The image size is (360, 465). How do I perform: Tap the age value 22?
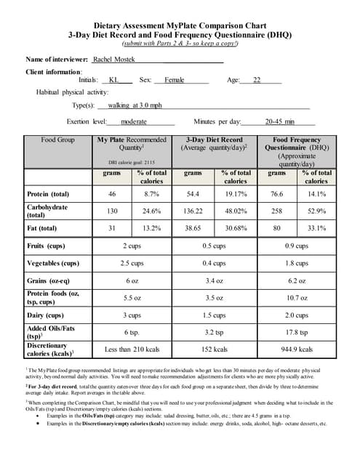[x=257, y=80]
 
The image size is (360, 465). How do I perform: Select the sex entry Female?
[x=175, y=80]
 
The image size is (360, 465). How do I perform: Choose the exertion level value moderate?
[x=134, y=121]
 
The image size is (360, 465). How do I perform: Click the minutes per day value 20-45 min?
[x=280, y=121]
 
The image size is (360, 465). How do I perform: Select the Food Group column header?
[x=58, y=139]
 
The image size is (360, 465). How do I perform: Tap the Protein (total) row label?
[x=48, y=194]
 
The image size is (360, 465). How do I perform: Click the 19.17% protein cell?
[x=235, y=194]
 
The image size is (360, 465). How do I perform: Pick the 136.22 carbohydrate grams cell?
[x=193, y=211]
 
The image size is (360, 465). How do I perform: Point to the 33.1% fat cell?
[x=316, y=228]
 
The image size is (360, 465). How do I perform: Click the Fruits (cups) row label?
[x=46, y=246]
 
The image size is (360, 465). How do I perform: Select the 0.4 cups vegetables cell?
[x=214, y=263]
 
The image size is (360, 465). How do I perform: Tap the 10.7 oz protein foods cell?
[x=297, y=298]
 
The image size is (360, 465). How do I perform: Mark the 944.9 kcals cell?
[x=297, y=349]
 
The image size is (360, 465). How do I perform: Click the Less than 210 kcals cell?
[x=132, y=349]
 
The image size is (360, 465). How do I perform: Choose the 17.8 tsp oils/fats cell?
[x=297, y=332]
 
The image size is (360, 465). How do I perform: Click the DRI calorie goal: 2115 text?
[x=132, y=163]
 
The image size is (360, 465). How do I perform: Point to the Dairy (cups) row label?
[x=45, y=315]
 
